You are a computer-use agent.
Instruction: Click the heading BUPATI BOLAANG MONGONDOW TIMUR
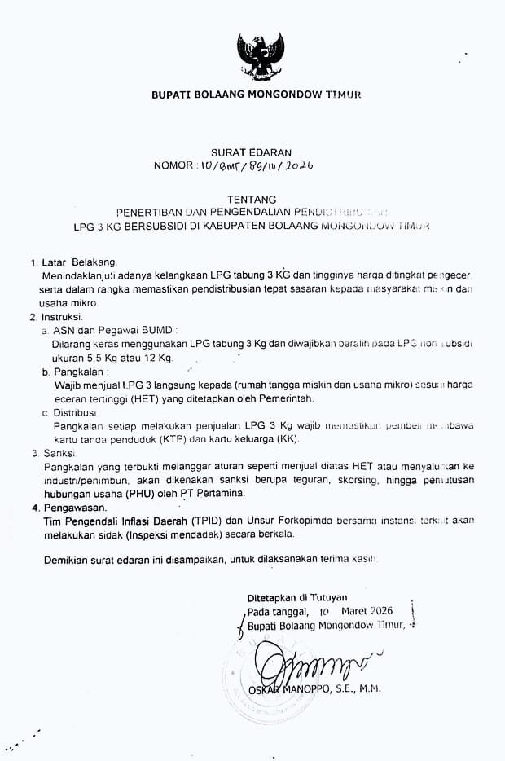pos(255,95)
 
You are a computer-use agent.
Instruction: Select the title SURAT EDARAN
pos(252,152)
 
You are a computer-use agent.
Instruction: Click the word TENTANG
pos(252,199)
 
